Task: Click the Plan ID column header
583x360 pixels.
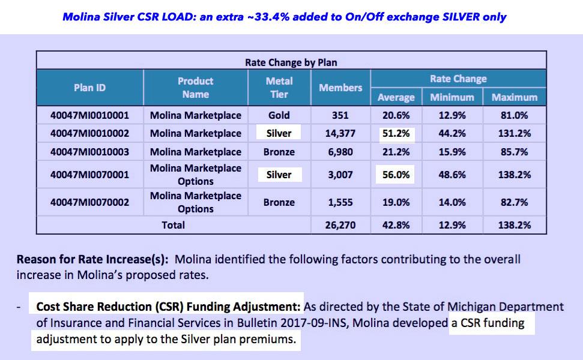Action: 89,88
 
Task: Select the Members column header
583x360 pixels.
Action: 340,88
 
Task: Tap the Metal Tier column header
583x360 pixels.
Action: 279,88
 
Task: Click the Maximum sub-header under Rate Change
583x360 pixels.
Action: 515,97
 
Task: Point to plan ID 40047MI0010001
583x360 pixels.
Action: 89,115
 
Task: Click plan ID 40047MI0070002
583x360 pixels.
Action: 89,202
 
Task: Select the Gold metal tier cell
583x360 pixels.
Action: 279,115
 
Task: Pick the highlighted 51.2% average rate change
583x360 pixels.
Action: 396,133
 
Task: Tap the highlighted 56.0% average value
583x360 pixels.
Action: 396,175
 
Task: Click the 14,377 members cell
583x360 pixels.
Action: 340,133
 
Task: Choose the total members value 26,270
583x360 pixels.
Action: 340,226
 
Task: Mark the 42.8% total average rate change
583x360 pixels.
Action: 396,226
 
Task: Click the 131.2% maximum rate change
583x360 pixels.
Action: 515,133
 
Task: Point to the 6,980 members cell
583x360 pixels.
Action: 340,152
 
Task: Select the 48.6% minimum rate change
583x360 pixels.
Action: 452,175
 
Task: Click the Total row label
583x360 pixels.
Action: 172,226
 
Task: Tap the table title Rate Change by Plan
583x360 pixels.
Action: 291,62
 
